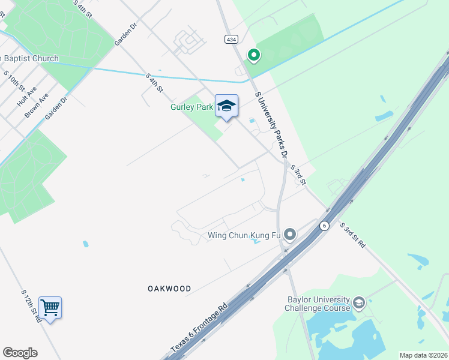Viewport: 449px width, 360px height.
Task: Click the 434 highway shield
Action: tap(231, 39)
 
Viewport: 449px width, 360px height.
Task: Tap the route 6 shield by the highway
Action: tap(324, 226)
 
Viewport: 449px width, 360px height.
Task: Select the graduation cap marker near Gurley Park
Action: tap(226, 106)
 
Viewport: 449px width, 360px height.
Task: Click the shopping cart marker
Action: tap(50, 308)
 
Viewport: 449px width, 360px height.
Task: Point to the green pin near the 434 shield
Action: tap(254, 55)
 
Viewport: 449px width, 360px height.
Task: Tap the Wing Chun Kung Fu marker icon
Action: tap(291, 234)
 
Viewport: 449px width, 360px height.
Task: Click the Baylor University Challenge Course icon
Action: tap(359, 301)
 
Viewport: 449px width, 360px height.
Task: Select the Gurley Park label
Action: tap(187, 108)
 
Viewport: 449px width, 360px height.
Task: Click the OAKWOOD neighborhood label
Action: tap(169, 289)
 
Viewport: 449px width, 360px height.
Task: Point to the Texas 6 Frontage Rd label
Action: tap(199, 327)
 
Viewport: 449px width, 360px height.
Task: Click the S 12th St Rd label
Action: tap(31, 306)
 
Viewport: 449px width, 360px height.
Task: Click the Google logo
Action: tap(20, 353)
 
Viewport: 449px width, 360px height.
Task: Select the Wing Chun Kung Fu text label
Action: tap(245, 235)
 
